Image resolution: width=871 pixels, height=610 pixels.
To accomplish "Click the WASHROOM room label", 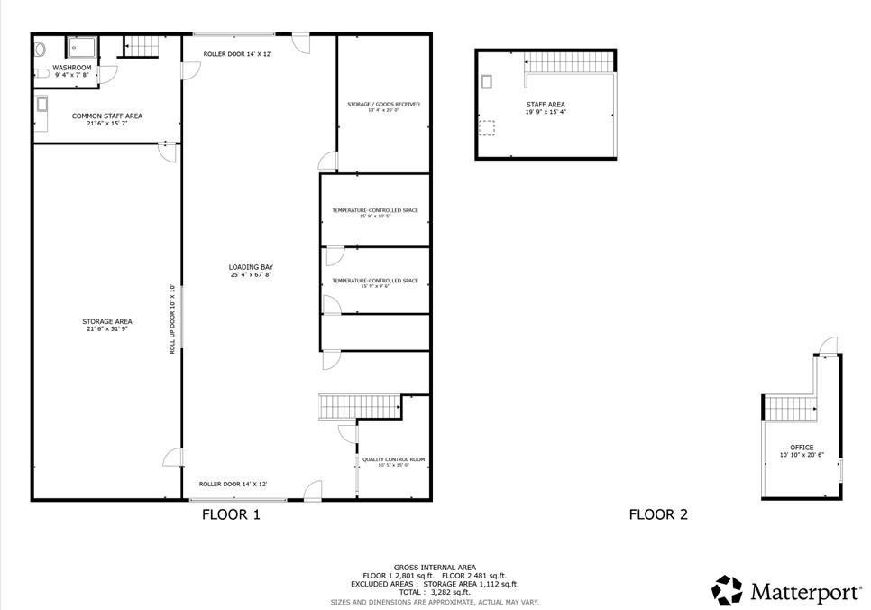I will (72, 68).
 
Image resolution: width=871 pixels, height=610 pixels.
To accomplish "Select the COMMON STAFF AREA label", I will (107, 116).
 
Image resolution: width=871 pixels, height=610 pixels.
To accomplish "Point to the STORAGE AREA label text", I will (107, 321).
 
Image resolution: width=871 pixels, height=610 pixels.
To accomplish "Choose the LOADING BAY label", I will (251, 267).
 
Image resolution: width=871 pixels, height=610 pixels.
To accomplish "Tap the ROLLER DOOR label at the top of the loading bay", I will (237, 54).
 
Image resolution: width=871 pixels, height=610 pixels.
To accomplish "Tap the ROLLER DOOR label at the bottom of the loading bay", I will (233, 484).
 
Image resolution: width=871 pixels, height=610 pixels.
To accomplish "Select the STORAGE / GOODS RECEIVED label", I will (383, 105).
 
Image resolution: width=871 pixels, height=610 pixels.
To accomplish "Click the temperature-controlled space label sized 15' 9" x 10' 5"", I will (374, 210).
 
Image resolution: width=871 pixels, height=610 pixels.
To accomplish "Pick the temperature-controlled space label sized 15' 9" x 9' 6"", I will (374, 281).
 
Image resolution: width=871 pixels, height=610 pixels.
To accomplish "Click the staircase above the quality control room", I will (360, 406).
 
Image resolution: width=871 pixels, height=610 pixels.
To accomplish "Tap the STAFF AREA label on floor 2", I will (546, 105).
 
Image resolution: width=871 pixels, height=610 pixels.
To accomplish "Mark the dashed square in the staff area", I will (487, 128).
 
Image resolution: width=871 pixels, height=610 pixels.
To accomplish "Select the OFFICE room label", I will (802, 448).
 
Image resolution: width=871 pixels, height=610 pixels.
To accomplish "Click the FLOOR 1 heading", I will (230, 514).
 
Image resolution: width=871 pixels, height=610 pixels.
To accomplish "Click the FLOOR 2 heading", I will (658, 514).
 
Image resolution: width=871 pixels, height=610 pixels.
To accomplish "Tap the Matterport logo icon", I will (727, 590).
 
